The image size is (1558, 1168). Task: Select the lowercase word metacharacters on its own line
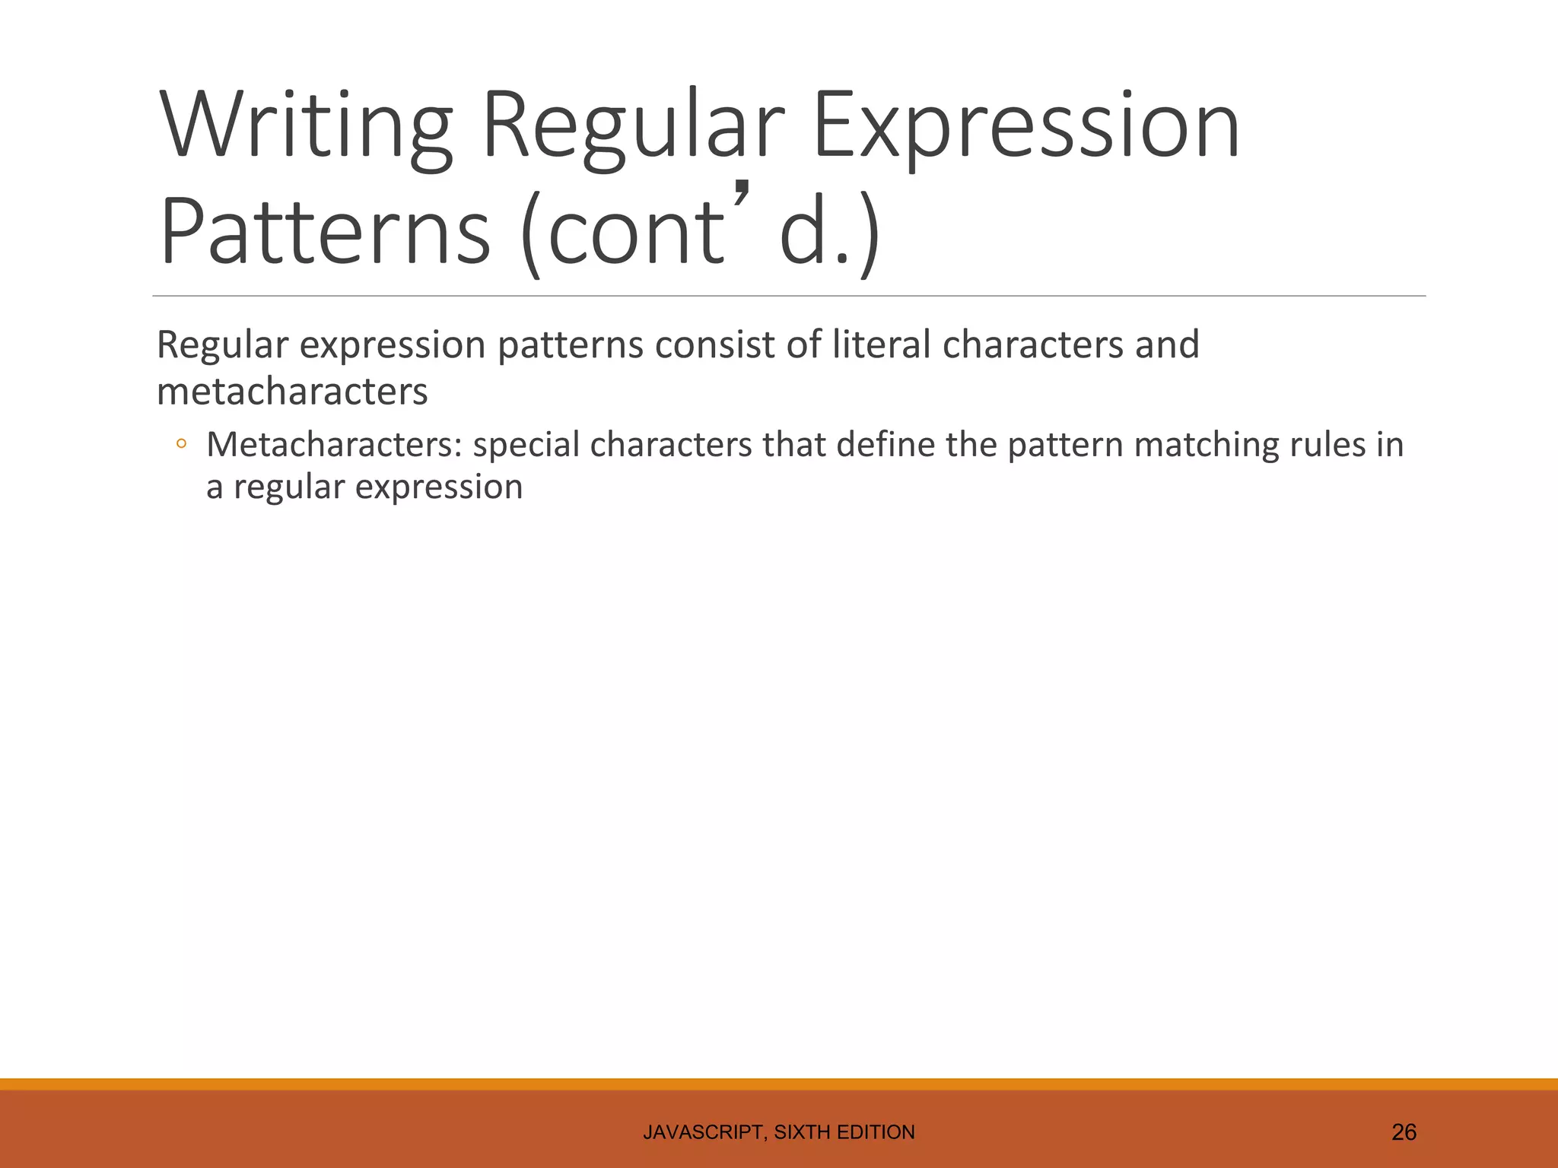pos(292,392)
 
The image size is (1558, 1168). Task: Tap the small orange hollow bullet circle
pos(180,444)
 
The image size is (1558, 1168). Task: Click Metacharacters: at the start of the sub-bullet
pos(334,445)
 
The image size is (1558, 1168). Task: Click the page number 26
pos(1404,1132)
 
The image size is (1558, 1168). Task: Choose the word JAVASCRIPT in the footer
pos(704,1132)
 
